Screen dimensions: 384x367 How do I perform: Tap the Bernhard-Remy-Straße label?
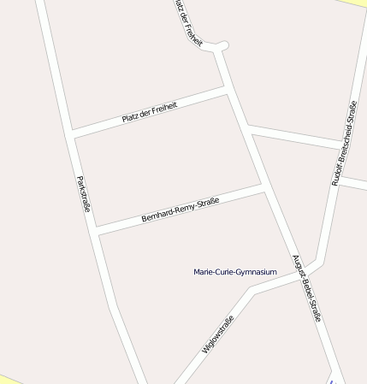(181, 210)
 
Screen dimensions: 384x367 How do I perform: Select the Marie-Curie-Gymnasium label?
(235, 272)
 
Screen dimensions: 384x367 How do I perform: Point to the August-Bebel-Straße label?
(306, 287)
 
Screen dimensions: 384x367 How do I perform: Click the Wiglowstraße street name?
(217, 334)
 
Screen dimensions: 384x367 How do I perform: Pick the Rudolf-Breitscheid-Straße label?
(344, 143)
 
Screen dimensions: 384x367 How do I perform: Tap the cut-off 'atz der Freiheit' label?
(187, 23)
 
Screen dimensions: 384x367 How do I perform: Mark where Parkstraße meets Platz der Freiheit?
(72, 133)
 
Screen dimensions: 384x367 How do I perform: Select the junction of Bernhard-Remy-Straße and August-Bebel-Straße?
(263, 187)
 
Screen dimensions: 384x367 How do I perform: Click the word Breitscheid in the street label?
(344, 145)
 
